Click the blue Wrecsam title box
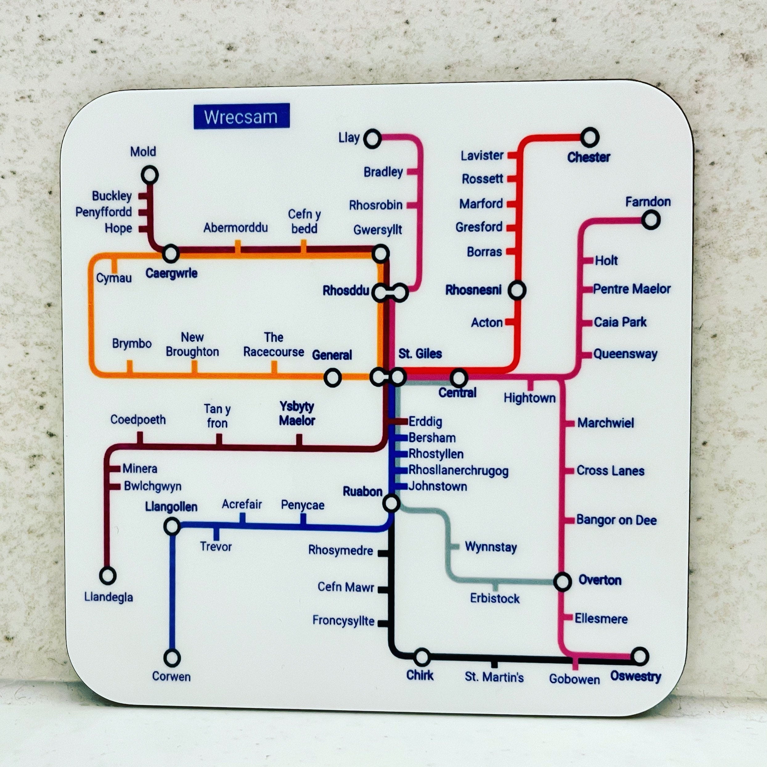click(241, 116)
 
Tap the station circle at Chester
click(590, 138)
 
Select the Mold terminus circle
click(150, 175)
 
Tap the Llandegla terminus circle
click(108, 575)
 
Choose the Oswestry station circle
click(639, 657)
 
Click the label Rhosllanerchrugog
click(458, 471)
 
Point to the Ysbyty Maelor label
click(297, 413)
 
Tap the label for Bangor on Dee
click(616, 520)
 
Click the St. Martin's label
click(494, 677)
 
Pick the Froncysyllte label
click(343, 621)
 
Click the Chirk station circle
click(422, 657)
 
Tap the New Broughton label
click(193, 345)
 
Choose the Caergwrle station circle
click(171, 253)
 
